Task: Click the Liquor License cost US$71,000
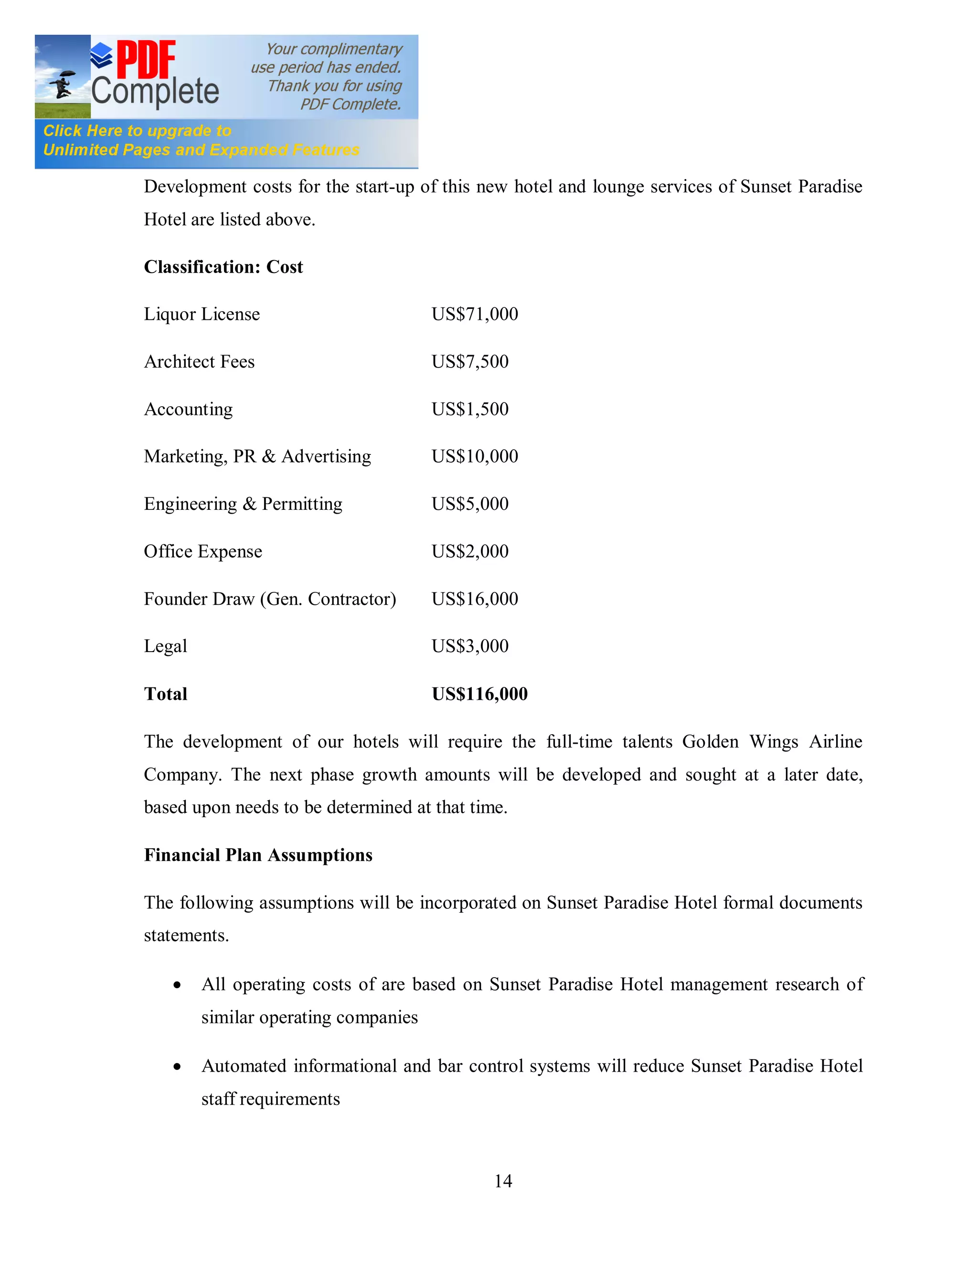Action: coord(475,314)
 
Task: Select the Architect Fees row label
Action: coord(199,361)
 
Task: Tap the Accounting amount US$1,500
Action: coord(470,409)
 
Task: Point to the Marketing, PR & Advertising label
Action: coord(257,456)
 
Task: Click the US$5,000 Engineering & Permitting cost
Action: coord(470,504)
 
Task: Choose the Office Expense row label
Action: coord(203,551)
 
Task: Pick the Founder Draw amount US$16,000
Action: coord(475,599)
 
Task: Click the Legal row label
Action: coord(166,646)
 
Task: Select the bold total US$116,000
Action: coord(479,694)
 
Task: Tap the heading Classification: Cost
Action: coord(223,267)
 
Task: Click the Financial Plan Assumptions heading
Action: coord(258,855)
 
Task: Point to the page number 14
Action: coord(503,1181)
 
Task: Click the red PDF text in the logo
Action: coord(146,59)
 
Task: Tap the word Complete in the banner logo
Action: coord(155,92)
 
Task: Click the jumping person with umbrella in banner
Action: coord(62,84)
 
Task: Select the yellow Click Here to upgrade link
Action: coord(138,131)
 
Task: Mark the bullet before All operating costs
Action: coord(177,985)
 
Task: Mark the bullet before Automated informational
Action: coord(177,1067)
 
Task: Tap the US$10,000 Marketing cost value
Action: coord(475,456)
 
